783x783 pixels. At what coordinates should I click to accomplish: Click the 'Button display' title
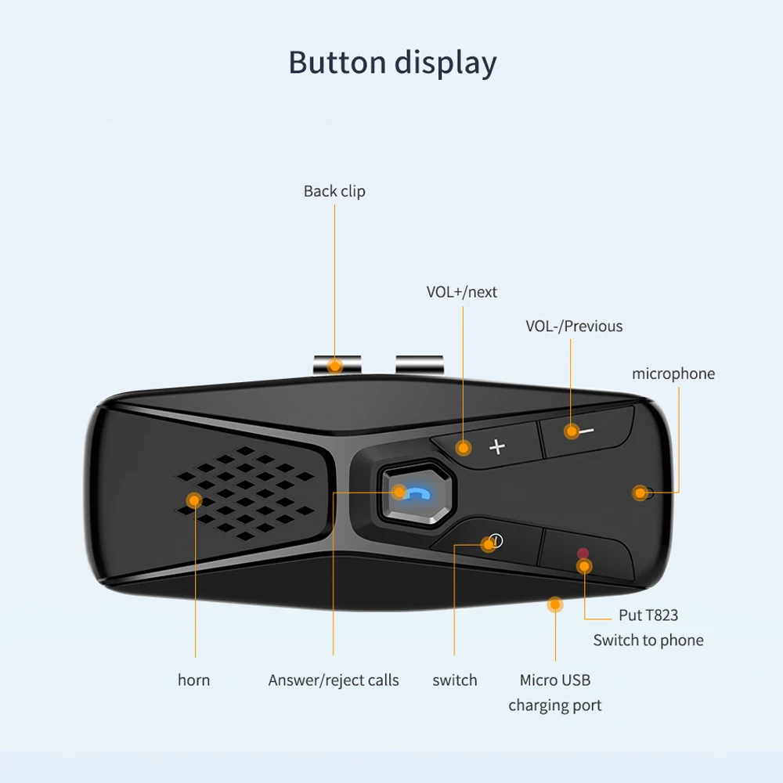392,63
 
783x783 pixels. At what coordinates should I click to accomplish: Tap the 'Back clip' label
334,191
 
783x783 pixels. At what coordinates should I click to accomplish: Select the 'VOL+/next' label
461,292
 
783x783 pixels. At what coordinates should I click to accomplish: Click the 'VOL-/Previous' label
574,326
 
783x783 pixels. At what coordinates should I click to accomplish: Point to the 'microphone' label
673,373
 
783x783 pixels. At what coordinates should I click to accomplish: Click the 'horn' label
193,680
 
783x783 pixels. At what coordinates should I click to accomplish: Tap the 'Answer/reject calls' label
334,680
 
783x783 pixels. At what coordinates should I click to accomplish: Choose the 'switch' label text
454,680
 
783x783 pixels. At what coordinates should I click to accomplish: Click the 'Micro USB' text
555,680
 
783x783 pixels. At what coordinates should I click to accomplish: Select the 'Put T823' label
648,615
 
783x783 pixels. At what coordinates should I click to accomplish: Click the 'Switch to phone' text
648,640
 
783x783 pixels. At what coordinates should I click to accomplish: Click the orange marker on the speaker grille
194,500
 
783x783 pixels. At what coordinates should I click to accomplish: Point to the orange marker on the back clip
336,366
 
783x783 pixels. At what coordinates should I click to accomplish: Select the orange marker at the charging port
555,604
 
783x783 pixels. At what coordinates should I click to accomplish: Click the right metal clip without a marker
419,364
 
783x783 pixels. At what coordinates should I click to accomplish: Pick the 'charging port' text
555,705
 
